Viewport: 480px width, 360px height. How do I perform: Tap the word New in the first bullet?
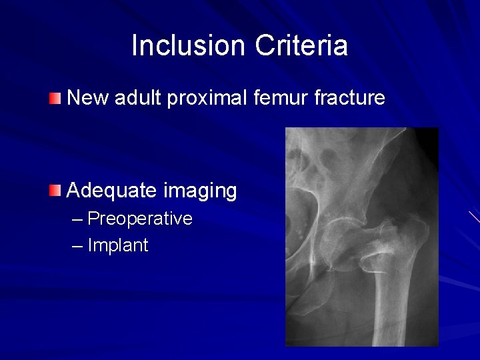[88, 99]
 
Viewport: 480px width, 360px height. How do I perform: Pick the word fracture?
[349, 99]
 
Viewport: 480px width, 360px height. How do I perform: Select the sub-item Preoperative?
[140, 219]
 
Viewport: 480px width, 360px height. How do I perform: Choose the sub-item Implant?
[118, 245]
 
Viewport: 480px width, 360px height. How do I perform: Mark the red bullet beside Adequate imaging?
[55, 192]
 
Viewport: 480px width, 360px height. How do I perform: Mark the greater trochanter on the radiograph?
[407, 230]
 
